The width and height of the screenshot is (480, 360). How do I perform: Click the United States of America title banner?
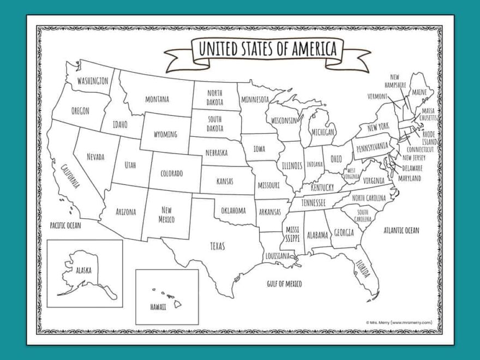(267, 49)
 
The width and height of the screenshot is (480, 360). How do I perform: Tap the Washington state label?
(92, 81)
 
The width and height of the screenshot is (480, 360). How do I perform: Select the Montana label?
(157, 99)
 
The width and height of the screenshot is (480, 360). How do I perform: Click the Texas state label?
(217, 246)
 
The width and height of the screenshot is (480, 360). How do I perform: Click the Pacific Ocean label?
(65, 225)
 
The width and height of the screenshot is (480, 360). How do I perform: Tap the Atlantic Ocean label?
(401, 230)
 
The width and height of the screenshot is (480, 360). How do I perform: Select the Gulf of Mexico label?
(284, 284)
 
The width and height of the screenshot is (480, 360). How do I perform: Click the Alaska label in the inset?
(83, 270)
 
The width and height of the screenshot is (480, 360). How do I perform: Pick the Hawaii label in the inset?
(158, 307)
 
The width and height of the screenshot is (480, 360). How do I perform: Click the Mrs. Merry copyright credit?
(399, 322)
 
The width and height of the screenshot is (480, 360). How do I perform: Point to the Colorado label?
(171, 173)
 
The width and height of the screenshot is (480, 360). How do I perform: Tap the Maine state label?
(419, 92)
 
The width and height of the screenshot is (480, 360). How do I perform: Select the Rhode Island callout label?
(429, 138)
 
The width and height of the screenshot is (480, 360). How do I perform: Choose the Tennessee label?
(314, 202)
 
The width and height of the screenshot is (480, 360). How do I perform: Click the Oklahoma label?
(233, 210)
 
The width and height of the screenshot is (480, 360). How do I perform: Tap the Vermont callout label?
(377, 96)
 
